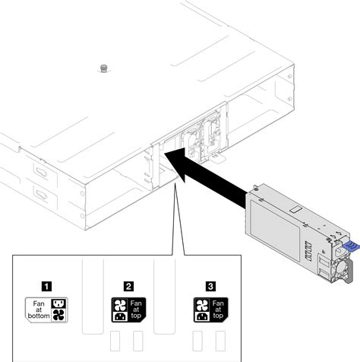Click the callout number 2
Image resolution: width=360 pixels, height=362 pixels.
(x=129, y=287)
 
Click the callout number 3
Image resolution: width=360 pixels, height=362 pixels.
(x=210, y=287)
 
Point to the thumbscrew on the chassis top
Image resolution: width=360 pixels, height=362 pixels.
(x=102, y=69)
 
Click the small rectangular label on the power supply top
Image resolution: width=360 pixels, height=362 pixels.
(x=293, y=208)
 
